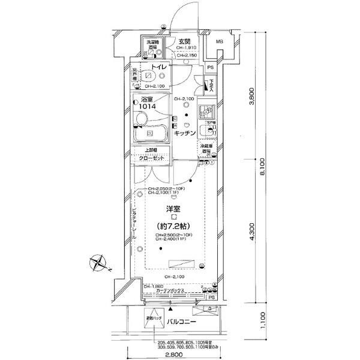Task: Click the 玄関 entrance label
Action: [184, 41]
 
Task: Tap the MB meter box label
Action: [220, 41]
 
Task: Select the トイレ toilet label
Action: [158, 68]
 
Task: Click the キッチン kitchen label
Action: [186, 134]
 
